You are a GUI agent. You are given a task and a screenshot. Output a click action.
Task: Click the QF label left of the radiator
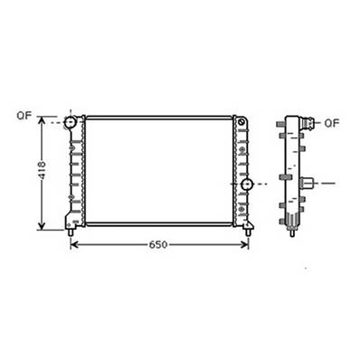point(24,117)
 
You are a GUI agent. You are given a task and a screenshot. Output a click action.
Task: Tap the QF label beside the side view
point(331,122)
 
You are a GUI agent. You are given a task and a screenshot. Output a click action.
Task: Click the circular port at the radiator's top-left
point(71,122)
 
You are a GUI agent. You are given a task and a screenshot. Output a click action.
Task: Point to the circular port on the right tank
point(246,185)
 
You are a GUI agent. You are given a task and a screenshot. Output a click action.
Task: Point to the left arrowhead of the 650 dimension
point(75,244)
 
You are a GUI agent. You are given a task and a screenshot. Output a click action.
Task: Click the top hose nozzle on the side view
point(310,122)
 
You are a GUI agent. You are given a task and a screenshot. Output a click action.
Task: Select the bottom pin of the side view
point(294,232)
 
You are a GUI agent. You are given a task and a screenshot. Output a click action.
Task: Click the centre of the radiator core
point(158,170)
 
